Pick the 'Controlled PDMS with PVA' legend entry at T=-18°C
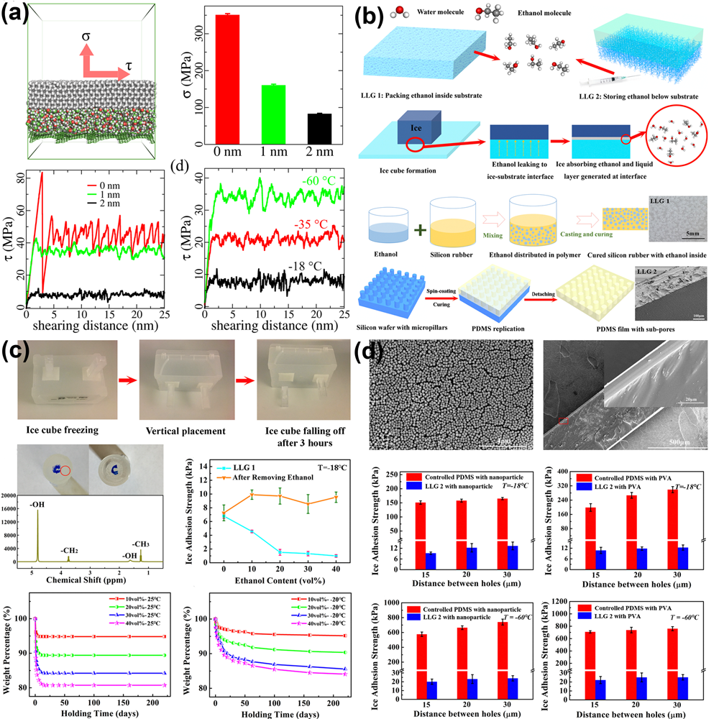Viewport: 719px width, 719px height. [623, 477]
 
